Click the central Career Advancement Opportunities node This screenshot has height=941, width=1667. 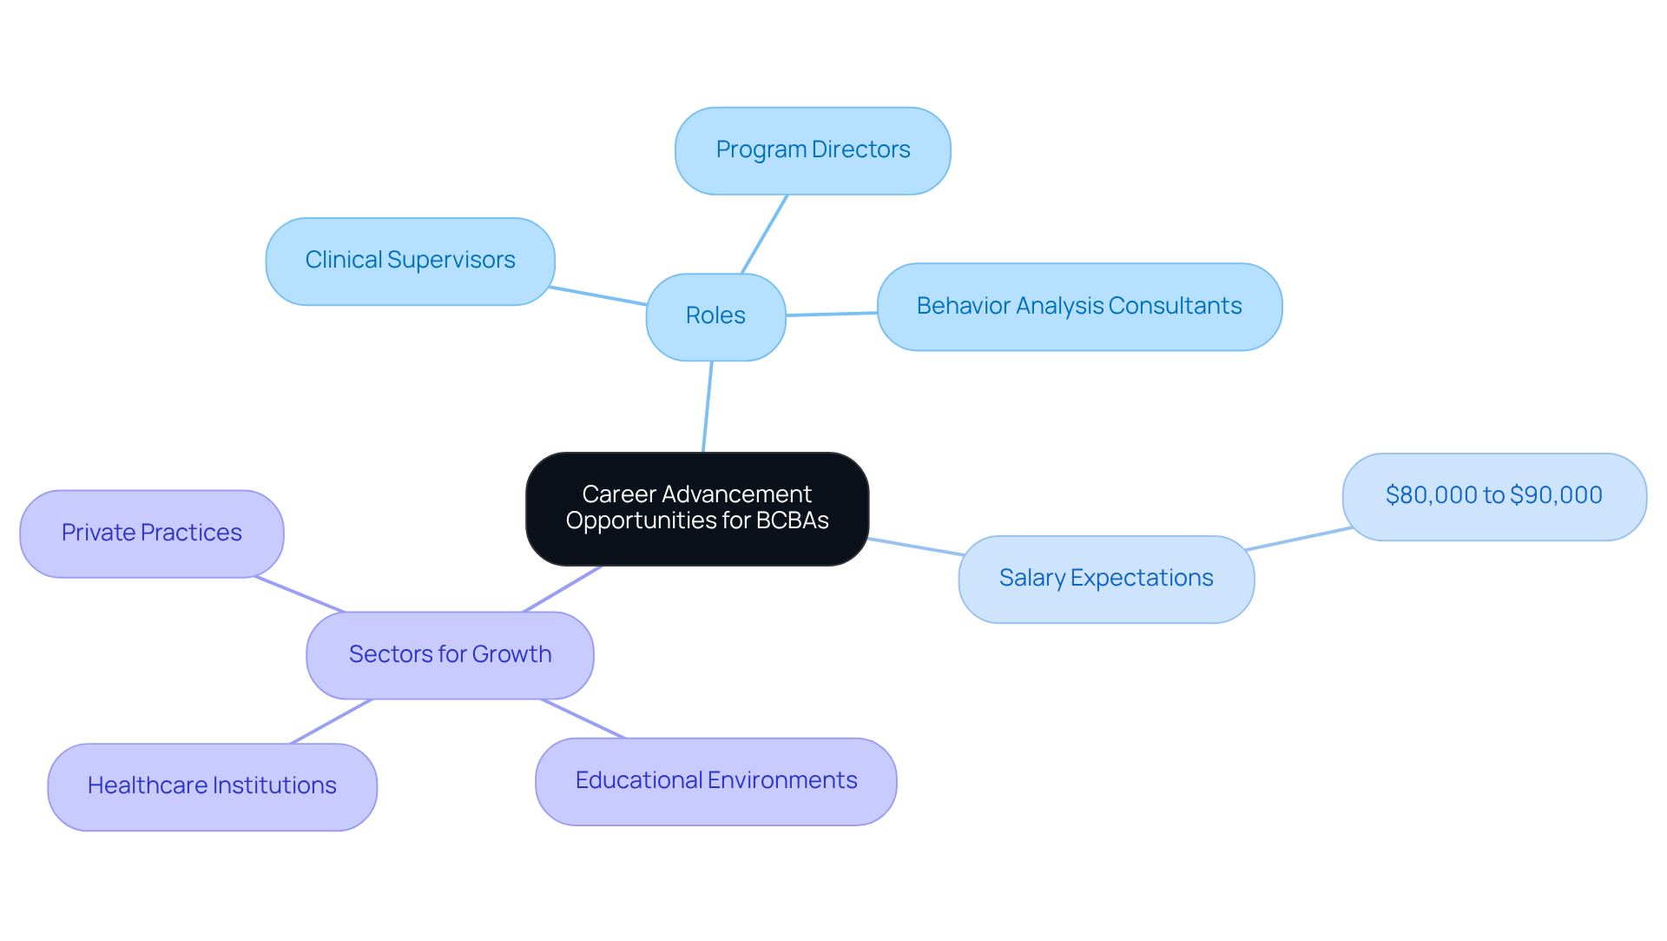(x=696, y=508)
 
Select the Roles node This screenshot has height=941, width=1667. (x=715, y=316)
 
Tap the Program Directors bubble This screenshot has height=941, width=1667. (x=813, y=150)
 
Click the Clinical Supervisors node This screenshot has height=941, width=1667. (x=410, y=261)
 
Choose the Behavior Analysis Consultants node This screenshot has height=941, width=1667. (x=1079, y=307)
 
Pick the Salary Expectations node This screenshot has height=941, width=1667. (x=1105, y=579)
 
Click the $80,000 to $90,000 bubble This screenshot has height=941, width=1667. (x=1493, y=496)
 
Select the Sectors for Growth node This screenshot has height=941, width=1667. (x=450, y=655)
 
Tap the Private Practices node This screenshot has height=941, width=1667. (x=152, y=533)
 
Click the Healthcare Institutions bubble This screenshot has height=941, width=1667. (x=212, y=786)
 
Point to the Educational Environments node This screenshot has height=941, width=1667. (x=715, y=781)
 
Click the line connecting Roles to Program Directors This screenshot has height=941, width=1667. (x=764, y=235)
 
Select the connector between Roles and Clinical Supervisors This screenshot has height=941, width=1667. (x=599, y=295)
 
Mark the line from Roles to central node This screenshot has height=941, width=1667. (x=708, y=406)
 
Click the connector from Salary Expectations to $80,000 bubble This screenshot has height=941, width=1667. (x=1298, y=539)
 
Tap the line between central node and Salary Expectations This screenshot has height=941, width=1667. (x=913, y=547)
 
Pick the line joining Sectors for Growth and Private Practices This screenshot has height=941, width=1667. (x=300, y=594)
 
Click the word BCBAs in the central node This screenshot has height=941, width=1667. (x=792, y=520)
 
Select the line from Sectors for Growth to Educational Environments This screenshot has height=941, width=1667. (x=583, y=719)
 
